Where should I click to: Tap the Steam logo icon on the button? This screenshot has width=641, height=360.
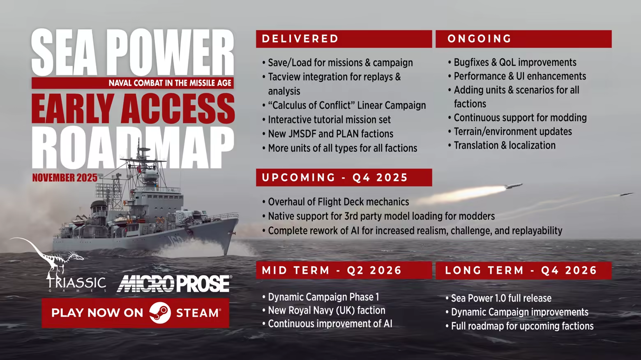(160, 313)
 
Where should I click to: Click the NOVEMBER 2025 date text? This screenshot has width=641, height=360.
(65, 178)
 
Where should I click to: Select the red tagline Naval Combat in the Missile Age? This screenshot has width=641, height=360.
(170, 83)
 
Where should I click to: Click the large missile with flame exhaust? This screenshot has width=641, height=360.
(510, 187)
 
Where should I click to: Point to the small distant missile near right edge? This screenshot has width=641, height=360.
(625, 194)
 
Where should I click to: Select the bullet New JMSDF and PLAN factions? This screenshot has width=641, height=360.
(330, 134)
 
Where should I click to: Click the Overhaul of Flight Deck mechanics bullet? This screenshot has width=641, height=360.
(338, 202)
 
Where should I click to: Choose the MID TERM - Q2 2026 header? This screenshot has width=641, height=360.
(332, 270)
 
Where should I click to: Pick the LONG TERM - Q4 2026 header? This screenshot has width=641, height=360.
(521, 270)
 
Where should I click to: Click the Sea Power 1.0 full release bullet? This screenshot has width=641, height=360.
(501, 298)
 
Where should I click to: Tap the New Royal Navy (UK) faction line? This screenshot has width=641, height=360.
(326, 310)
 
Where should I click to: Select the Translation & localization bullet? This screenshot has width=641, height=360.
(504, 145)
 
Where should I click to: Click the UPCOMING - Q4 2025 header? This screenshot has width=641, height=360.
(334, 178)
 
